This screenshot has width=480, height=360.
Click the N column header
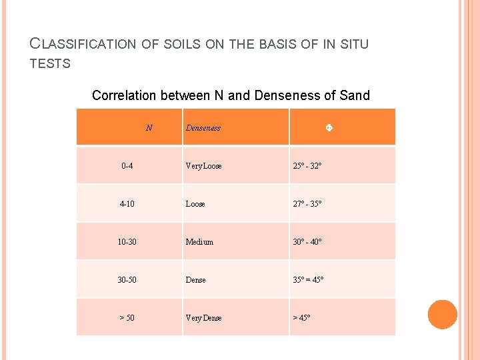click(x=149, y=127)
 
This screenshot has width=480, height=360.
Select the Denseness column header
click(x=203, y=127)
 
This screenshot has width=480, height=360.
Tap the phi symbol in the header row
click(x=329, y=127)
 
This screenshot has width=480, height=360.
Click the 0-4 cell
click(x=127, y=166)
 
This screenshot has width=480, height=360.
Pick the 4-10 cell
click(x=127, y=204)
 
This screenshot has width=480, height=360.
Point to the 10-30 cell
click(x=127, y=242)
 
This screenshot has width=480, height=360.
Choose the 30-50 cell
click(x=127, y=280)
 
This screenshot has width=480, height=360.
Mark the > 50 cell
click(x=127, y=318)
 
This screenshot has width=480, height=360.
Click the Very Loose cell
click(x=204, y=166)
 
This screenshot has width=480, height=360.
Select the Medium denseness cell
click(x=199, y=242)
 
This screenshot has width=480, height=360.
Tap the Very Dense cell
click(x=203, y=318)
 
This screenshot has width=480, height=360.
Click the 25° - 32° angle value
click(x=307, y=166)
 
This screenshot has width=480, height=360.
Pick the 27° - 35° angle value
click(x=307, y=204)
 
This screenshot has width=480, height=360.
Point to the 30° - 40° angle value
click(x=307, y=242)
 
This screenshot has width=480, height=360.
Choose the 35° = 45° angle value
click(x=308, y=280)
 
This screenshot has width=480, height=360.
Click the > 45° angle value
click(x=301, y=318)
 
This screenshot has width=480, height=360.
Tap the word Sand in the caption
click(x=355, y=95)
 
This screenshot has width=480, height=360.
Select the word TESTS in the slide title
click(x=51, y=64)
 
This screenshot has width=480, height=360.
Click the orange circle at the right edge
click(x=443, y=315)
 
